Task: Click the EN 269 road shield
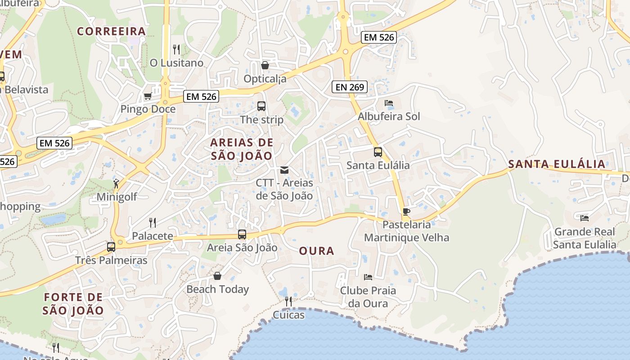(350, 87)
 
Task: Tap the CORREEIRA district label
(112, 31)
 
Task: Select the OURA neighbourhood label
(317, 251)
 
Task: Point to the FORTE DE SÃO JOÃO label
(73, 304)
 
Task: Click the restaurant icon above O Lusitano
(176, 49)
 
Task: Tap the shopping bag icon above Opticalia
(265, 65)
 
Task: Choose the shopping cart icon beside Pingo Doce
(148, 96)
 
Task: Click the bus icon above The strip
(261, 106)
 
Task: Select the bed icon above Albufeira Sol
(389, 103)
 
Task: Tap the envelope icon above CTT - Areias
(284, 170)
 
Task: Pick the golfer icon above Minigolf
(117, 183)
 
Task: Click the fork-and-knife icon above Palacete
(153, 222)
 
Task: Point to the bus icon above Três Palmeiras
(111, 247)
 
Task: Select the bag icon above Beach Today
(217, 275)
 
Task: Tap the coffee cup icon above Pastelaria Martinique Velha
(406, 211)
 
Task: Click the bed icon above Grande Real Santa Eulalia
(585, 218)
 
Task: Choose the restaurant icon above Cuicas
(288, 301)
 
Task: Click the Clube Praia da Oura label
(368, 297)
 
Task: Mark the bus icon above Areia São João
(242, 234)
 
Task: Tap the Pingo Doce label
(148, 109)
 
